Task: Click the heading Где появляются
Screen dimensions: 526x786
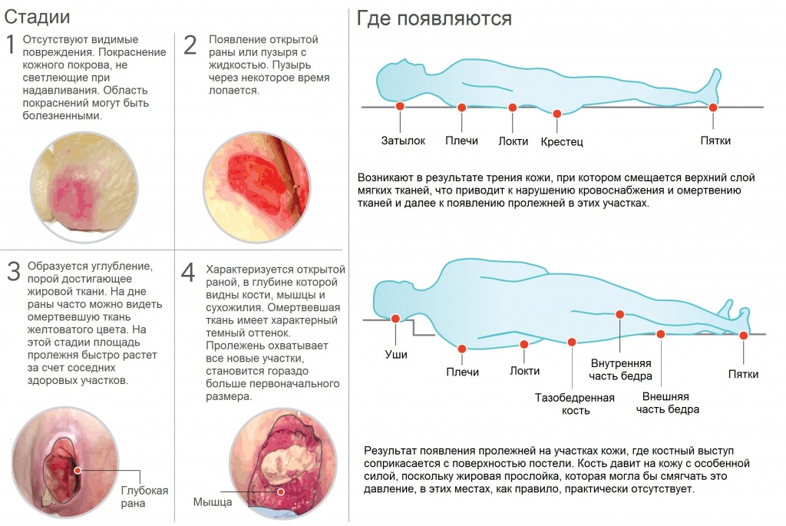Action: (x=434, y=18)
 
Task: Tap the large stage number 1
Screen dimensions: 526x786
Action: (x=11, y=45)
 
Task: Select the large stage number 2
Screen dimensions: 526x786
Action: (x=190, y=45)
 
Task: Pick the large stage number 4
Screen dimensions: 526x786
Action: (x=189, y=273)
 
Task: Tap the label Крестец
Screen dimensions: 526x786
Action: (x=562, y=142)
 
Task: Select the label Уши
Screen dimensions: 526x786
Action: (x=396, y=355)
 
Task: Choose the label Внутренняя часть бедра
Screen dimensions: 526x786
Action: (x=621, y=369)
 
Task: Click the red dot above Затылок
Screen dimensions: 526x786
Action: (x=400, y=107)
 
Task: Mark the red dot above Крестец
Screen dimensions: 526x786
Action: (x=557, y=114)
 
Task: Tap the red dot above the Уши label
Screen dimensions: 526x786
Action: (x=395, y=319)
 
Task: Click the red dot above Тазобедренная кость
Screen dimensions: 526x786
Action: (x=572, y=342)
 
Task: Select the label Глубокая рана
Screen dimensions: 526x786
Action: (x=144, y=497)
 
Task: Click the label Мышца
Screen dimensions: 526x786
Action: (x=212, y=503)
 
